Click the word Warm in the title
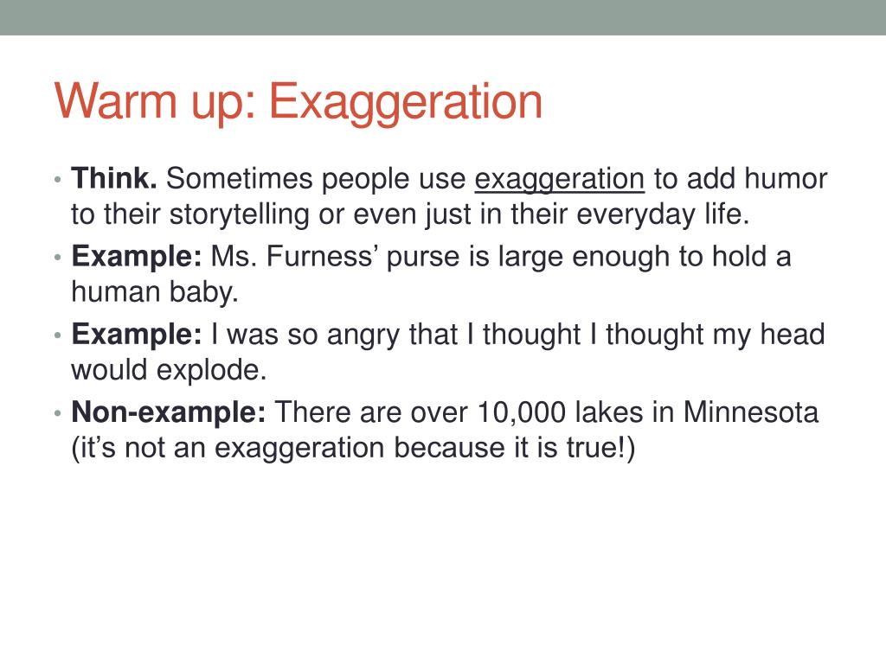click(x=115, y=101)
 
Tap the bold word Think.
click(x=114, y=178)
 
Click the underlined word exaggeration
click(x=560, y=181)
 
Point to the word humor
click(x=786, y=178)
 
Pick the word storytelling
click(x=239, y=215)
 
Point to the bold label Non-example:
click(x=169, y=412)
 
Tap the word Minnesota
click(x=750, y=412)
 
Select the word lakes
click(x=608, y=412)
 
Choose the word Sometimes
click(x=239, y=178)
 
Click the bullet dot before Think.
click(x=58, y=181)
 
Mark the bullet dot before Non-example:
click(x=58, y=414)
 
